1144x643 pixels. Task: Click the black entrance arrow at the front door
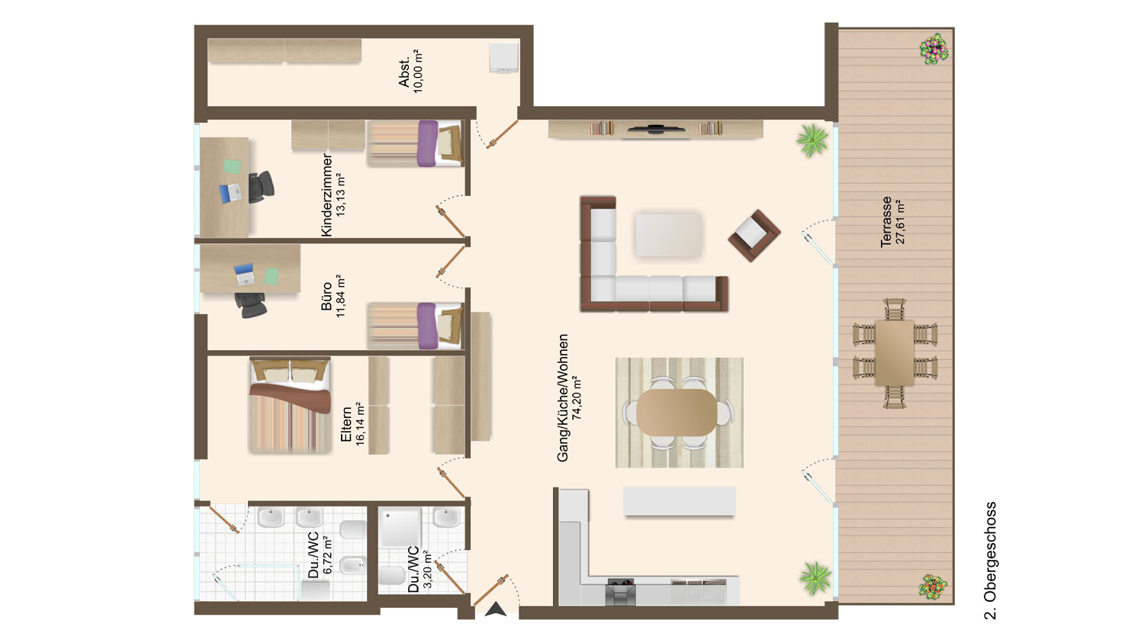[495, 609]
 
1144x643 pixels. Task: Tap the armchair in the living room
[754, 236]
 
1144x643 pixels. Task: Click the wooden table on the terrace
[895, 353]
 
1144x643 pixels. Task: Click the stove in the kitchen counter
[621, 593]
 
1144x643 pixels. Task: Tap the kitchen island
[680, 501]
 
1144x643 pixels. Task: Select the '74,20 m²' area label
[577, 398]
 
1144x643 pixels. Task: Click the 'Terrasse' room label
[886, 222]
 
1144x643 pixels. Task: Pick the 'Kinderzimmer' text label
[326, 195]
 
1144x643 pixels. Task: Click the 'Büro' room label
[326, 296]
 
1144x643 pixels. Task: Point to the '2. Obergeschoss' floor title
[990, 561]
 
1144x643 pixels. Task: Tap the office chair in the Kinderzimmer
[261, 186]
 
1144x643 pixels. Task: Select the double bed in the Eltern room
[290, 406]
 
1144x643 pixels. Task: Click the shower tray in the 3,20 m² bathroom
[400, 528]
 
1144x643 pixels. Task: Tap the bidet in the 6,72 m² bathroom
[353, 565]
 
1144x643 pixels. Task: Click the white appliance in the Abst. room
[503, 57]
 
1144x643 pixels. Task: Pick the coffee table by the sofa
[669, 235]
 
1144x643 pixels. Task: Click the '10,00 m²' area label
[418, 71]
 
